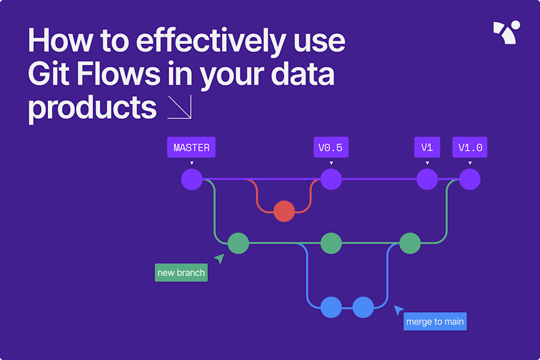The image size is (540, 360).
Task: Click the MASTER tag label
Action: pyautogui.click(x=191, y=148)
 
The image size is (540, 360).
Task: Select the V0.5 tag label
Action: pyautogui.click(x=330, y=148)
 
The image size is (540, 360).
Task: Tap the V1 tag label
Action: pyautogui.click(x=427, y=148)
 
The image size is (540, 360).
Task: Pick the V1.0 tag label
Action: pyautogui.click(x=470, y=148)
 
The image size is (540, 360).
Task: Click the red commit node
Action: pyautogui.click(x=284, y=211)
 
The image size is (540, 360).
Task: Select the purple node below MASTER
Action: pyautogui.click(x=192, y=180)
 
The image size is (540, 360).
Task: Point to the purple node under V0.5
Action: pyautogui.click(x=331, y=180)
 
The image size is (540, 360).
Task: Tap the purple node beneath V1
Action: pyautogui.click(x=427, y=180)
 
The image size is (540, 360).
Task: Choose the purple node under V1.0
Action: pyautogui.click(x=470, y=180)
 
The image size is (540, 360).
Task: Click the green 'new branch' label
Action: pyautogui.click(x=181, y=273)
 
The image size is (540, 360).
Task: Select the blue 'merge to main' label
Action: pyautogui.click(x=435, y=322)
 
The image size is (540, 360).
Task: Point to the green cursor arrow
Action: pyautogui.click(x=219, y=258)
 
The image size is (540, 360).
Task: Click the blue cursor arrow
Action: pyautogui.click(x=398, y=309)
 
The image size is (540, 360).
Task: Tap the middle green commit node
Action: pyautogui.click(x=331, y=244)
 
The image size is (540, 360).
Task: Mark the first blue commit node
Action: pyautogui.click(x=331, y=307)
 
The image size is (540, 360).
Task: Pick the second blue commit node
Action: pyautogui.click(x=363, y=307)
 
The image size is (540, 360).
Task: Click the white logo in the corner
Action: pyautogui.click(x=506, y=33)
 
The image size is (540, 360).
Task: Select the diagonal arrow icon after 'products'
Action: pyautogui.click(x=179, y=107)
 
